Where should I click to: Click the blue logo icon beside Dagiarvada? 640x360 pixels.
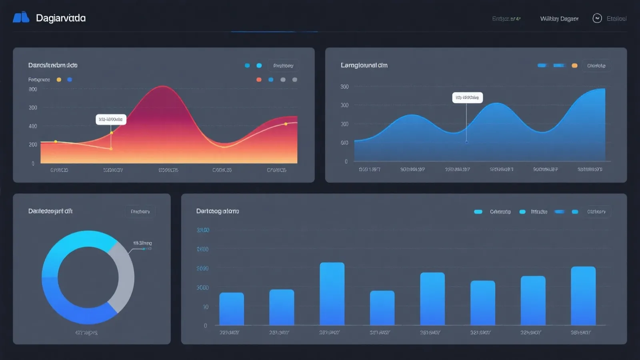pyautogui.click(x=21, y=17)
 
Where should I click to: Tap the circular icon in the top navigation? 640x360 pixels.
pyautogui.click(x=597, y=18)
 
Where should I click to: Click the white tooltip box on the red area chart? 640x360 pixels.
pyautogui.click(x=111, y=119)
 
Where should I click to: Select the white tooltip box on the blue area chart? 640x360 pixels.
pyautogui.click(x=467, y=98)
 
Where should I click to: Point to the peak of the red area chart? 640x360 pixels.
pyautogui.click(x=163, y=86)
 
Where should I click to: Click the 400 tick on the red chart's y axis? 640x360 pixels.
pyautogui.click(x=33, y=126)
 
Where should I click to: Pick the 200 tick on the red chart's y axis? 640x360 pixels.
pyautogui.click(x=33, y=144)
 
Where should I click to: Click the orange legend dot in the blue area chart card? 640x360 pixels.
pyautogui.click(x=574, y=66)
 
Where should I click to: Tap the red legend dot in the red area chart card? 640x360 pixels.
pyautogui.click(x=259, y=80)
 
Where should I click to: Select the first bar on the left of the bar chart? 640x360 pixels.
pyautogui.click(x=232, y=308)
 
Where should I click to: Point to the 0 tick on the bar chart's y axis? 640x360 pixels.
pyautogui.click(x=206, y=326)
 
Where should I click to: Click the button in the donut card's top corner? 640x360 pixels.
pyautogui.click(x=140, y=212)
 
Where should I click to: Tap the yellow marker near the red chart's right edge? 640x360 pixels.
pyautogui.click(x=286, y=124)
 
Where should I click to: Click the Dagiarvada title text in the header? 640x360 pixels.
pyautogui.click(x=61, y=18)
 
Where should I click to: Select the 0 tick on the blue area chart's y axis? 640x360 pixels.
pyautogui.click(x=346, y=162)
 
